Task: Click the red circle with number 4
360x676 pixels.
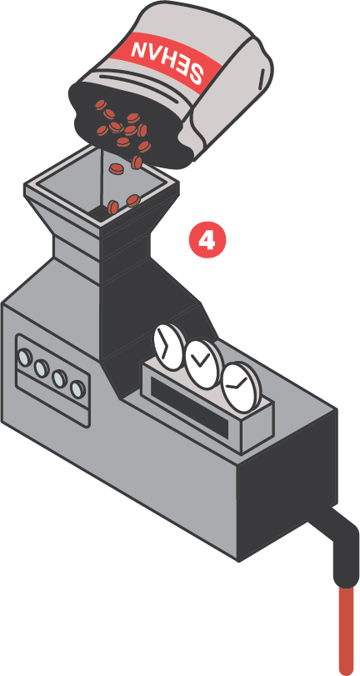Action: (x=207, y=241)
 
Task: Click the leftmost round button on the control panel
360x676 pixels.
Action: (x=25, y=358)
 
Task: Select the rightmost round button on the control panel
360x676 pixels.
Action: (x=78, y=389)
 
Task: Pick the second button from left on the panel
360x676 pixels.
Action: (x=42, y=368)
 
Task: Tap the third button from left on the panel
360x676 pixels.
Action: (x=60, y=378)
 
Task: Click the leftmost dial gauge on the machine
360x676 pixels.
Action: (x=168, y=347)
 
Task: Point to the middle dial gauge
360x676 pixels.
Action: (x=202, y=365)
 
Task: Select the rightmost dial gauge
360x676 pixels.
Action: (x=238, y=387)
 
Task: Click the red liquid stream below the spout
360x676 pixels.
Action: (x=345, y=629)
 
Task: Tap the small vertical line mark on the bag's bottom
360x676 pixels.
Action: (x=262, y=78)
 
